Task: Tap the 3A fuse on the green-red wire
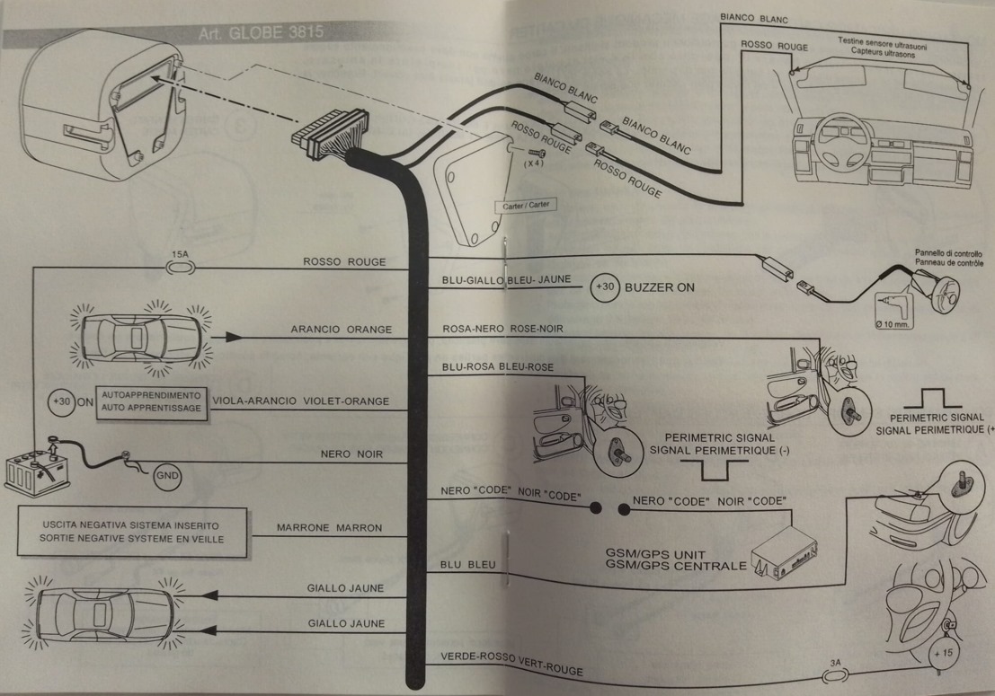(836, 672)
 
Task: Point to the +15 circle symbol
(941, 653)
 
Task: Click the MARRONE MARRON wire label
(330, 527)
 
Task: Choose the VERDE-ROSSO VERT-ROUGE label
(511, 663)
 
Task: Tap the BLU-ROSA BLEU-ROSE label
(497, 367)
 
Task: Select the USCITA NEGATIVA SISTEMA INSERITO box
(131, 531)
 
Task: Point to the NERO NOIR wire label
(351, 454)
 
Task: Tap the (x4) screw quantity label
(534, 163)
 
